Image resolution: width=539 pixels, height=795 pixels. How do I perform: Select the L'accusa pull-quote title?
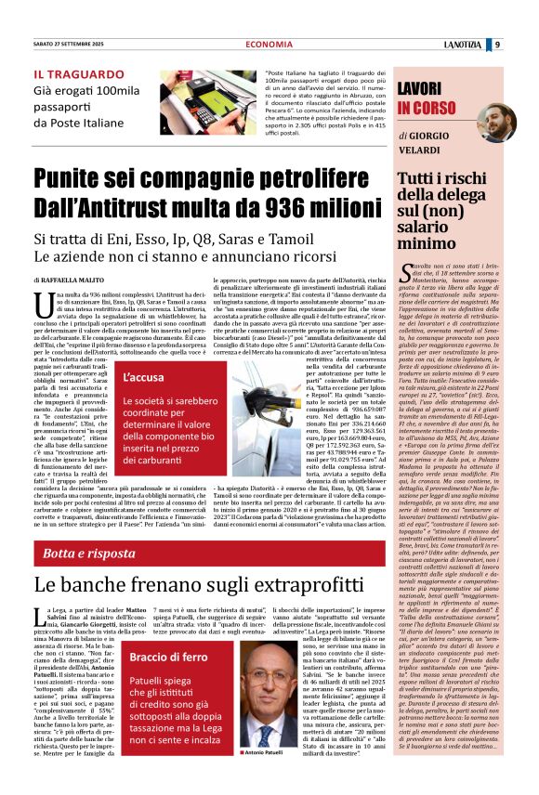143,378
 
